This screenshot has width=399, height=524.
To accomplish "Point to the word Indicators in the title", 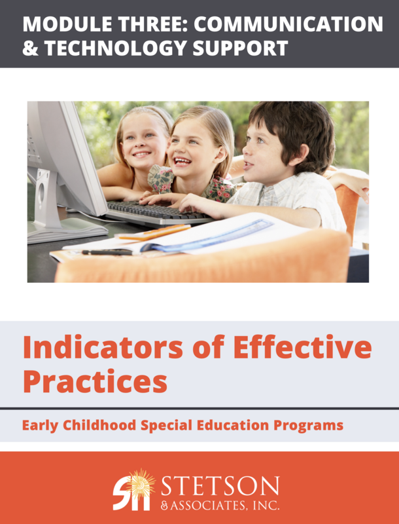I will coord(99,347).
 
